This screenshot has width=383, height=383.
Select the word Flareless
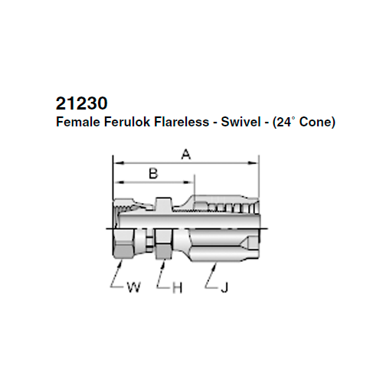point(173,121)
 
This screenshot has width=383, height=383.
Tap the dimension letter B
point(152,174)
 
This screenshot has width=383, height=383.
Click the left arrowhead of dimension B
point(117,183)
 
